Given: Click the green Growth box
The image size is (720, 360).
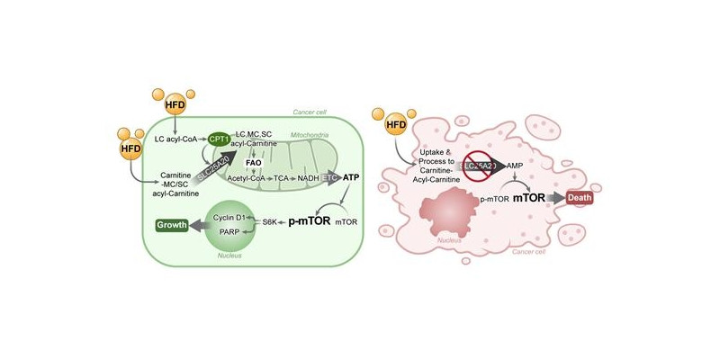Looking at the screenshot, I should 171,226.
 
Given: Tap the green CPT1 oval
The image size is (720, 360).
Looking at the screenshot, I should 219,139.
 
